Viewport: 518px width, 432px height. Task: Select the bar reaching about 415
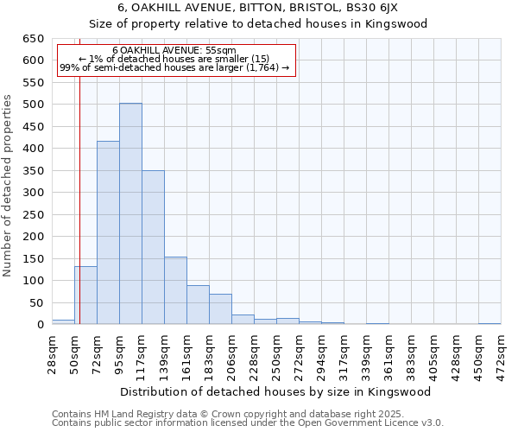tap(108, 232)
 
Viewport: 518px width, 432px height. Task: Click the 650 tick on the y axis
tap(33, 39)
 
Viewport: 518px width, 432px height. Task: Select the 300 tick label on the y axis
tap(33, 193)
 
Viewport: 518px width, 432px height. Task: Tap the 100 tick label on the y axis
tap(33, 281)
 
